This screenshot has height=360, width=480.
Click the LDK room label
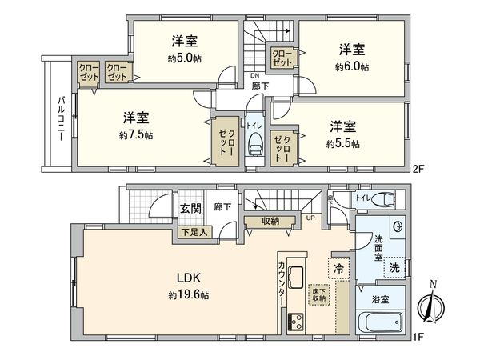(188, 278)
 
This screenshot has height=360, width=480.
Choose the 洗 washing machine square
(394, 270)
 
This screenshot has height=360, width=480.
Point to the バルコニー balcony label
(61, 117)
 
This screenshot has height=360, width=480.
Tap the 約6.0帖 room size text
(353, 67)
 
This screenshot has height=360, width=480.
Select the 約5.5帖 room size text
(343, 144)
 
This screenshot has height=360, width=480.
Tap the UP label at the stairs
(310, 218)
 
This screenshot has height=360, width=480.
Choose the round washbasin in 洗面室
(397, 226)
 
